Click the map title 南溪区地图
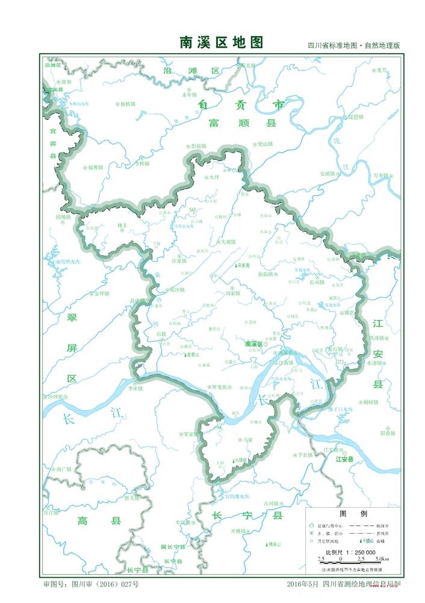(222, 42)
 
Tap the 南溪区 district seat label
(256, 343)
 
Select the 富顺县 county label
(242, 123)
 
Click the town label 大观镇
(226, 242)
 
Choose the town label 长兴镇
(317, 282)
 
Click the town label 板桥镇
(128, 104)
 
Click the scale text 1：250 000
(359, 552)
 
